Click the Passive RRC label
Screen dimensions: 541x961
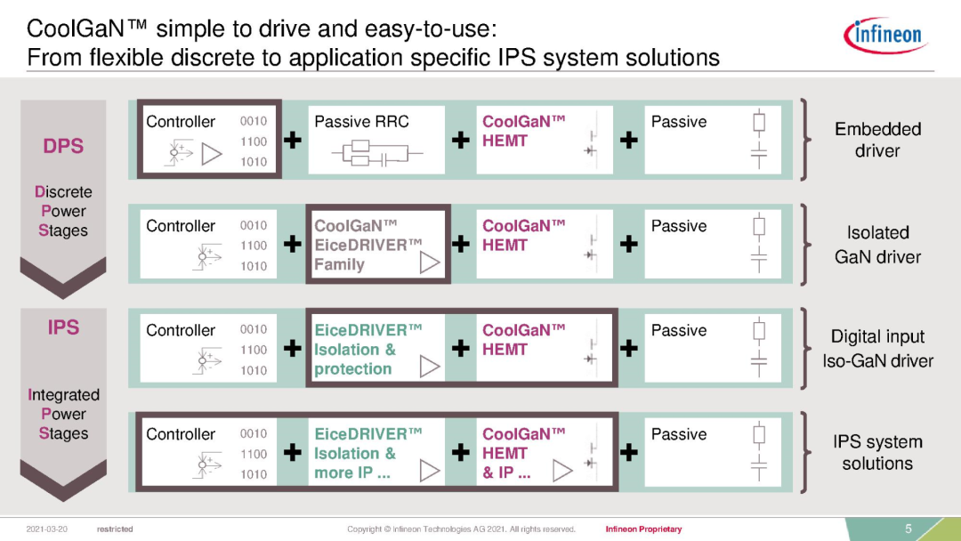(361, 122)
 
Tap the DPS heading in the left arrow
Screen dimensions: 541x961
(63, 146)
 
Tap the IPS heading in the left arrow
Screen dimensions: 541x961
(63, 327)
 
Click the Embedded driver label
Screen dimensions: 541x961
(877, 140)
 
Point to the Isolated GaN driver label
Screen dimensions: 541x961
(877, 245)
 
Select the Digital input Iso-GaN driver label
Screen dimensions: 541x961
(877, 349)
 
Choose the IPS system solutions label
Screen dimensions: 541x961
(877, 453)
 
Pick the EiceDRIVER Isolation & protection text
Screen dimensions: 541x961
(367, 349)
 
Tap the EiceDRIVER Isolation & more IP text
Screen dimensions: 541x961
(367, 453)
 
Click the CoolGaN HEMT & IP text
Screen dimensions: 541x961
(523, 453)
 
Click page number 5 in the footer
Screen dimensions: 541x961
(909, 529)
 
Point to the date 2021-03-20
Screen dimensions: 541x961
(49, 529)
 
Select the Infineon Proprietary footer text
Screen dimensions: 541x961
(643, 529)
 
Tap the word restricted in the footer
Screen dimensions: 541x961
(115, 529)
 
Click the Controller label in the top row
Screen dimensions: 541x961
(181, 122)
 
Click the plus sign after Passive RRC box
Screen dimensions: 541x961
(461, 140)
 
